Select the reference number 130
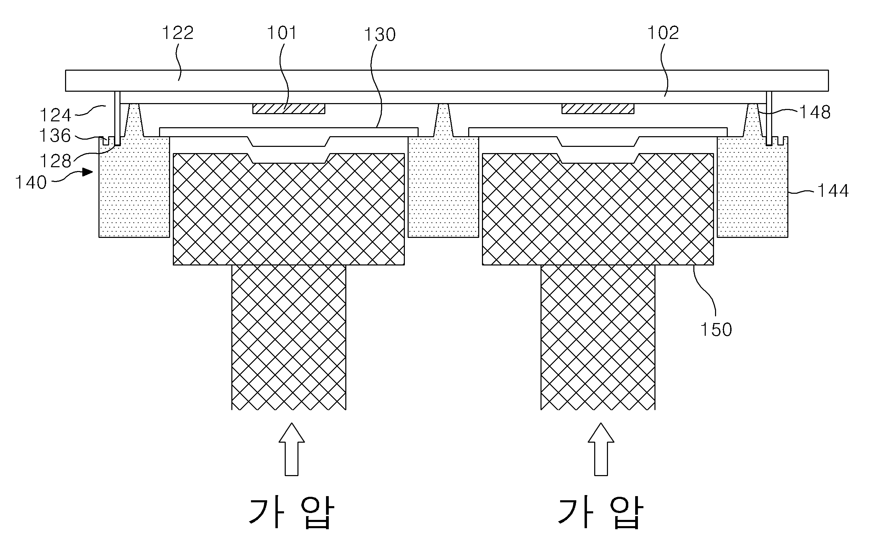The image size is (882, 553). point(380,35)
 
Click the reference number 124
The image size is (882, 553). point(55,115)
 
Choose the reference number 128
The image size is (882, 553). point(55,161)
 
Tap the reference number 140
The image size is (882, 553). point(31,182)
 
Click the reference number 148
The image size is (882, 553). point(815,112)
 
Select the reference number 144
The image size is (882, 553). point(833,191)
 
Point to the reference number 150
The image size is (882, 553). point(716,330)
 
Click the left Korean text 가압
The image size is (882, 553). point(291,512)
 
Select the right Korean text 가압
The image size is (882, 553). point(600,512)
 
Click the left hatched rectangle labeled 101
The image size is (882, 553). point(288,109)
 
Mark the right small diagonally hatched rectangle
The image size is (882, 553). point(598,109)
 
